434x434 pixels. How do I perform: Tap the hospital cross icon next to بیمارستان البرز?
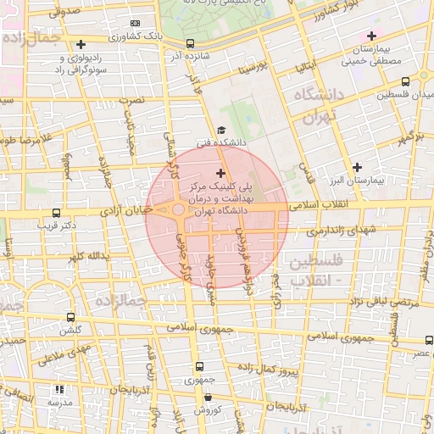point(358,167)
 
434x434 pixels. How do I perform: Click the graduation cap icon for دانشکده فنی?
point(221,130)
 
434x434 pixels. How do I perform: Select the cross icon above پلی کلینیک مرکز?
point(221,173)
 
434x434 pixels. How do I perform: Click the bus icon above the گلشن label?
point(70,317)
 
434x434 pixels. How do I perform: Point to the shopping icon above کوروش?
point(208,396)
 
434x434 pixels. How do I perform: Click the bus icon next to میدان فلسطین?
point(405,82)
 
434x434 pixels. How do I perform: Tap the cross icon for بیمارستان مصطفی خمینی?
point(370,36)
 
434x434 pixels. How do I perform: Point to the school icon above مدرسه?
point(59,390)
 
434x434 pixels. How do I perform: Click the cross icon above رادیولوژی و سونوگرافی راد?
point(81,44)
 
